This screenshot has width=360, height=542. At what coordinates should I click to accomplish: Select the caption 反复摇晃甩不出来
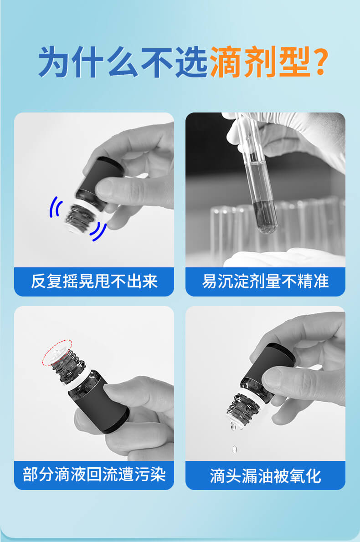tap(94, 281)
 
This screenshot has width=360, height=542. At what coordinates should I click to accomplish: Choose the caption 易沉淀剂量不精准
tap(265, 281)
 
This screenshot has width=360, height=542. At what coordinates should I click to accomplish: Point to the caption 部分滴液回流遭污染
tap(94, 474)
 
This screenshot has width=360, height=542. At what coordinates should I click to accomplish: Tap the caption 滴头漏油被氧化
tap(265, 476)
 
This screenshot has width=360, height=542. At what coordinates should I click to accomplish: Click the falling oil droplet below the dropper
tap(235, 449)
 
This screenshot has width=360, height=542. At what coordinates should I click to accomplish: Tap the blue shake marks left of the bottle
tap(55, 207)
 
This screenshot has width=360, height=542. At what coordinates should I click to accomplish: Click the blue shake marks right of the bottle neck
tap(98, 230)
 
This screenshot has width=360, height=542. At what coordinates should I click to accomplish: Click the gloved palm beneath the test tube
tap(283, 257)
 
